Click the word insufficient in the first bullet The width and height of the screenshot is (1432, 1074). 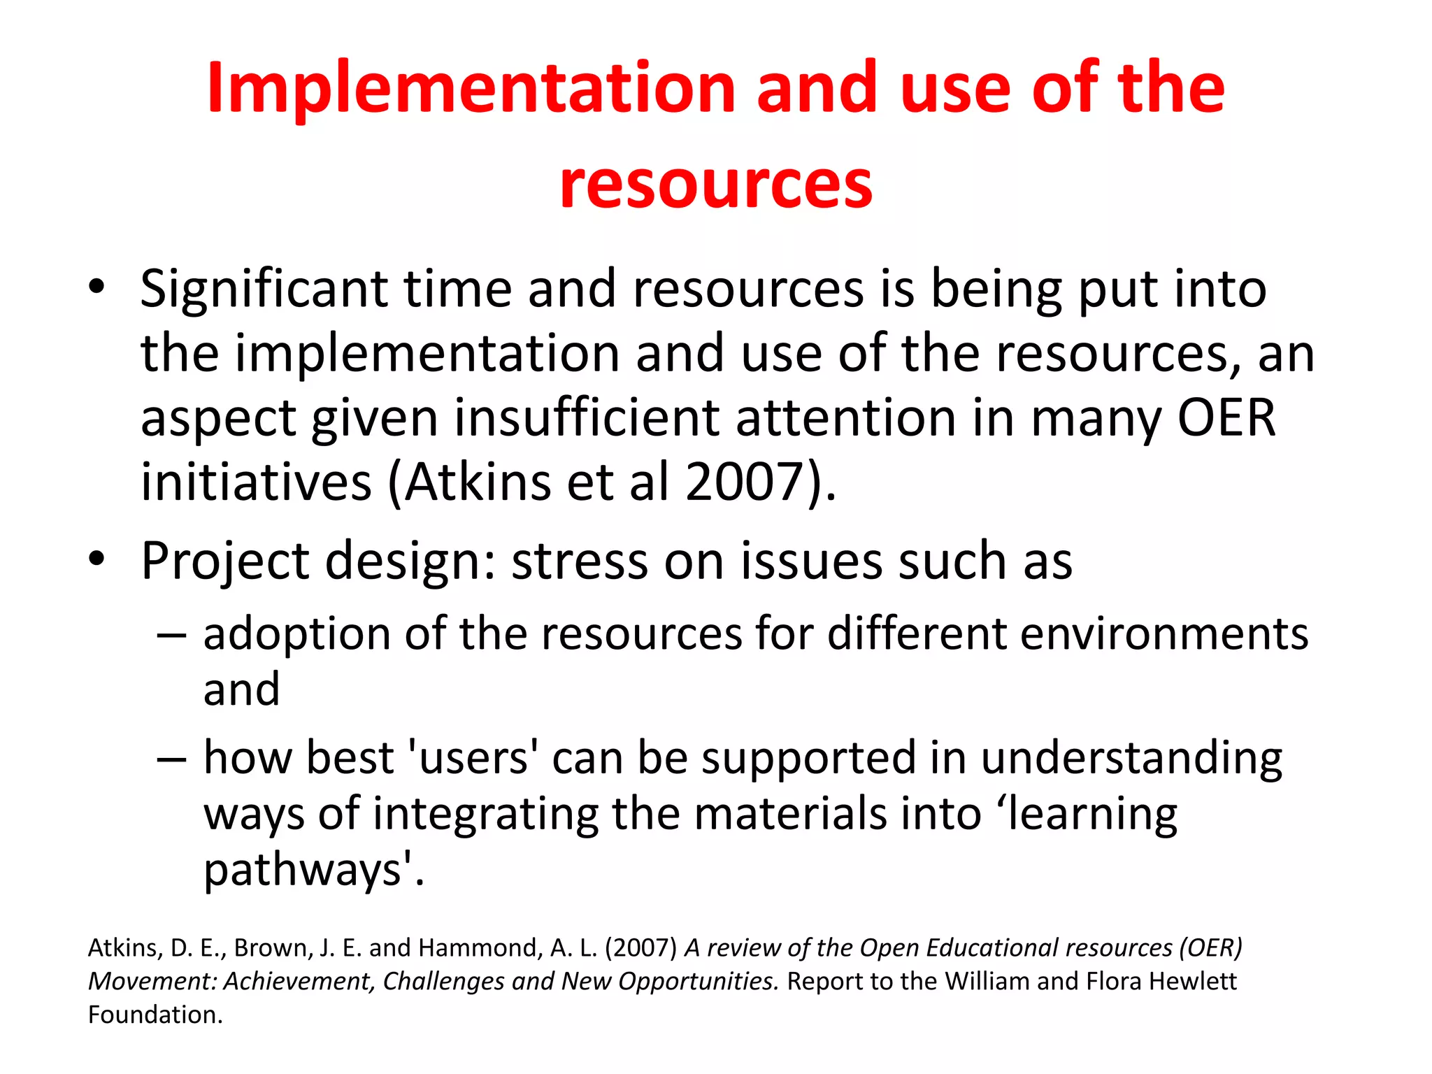pos(587,418)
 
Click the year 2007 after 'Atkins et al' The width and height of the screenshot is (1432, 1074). pos(743,482)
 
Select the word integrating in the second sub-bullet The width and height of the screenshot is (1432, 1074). pos(485,815)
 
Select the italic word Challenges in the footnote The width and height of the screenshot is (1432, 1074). pos(443,982)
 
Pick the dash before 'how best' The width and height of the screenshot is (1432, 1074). pos(171,758)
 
